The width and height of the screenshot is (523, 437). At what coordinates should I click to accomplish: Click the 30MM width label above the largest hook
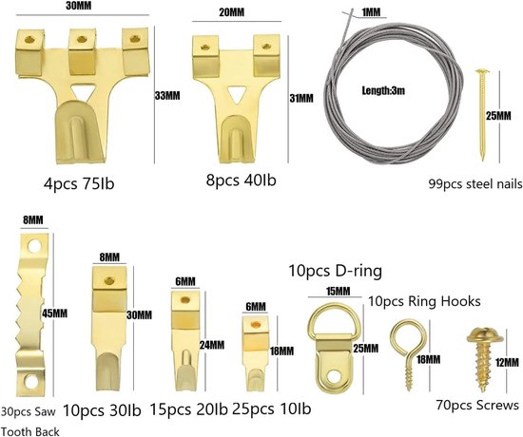78,6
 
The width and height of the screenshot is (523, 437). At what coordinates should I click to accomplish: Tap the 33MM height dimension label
167,96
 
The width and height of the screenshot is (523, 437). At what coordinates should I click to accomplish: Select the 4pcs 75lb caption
79,183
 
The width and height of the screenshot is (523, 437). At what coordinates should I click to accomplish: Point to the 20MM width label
232,12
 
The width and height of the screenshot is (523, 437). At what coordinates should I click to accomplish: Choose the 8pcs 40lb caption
242,180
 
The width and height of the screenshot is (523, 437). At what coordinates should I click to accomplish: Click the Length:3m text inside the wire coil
383,90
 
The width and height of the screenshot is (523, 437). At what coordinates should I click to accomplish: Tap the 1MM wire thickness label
371,12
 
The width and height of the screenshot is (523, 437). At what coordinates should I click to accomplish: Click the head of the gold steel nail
482,71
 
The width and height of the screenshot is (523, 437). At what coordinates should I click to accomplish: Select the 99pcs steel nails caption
475,183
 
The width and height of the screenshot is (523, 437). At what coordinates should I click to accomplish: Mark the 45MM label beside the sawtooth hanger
55,313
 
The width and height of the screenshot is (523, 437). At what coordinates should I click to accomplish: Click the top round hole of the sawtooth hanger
34,247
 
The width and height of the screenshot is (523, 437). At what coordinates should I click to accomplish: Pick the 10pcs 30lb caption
102,410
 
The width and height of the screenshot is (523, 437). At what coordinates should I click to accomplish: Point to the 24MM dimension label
212,345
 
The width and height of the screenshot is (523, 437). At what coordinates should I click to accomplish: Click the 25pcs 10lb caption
272,408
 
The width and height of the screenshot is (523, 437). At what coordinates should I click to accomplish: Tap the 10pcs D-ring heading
336,271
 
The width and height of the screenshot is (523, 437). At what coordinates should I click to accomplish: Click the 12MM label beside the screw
507,362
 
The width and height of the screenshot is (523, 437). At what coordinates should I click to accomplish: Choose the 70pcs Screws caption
477,405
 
